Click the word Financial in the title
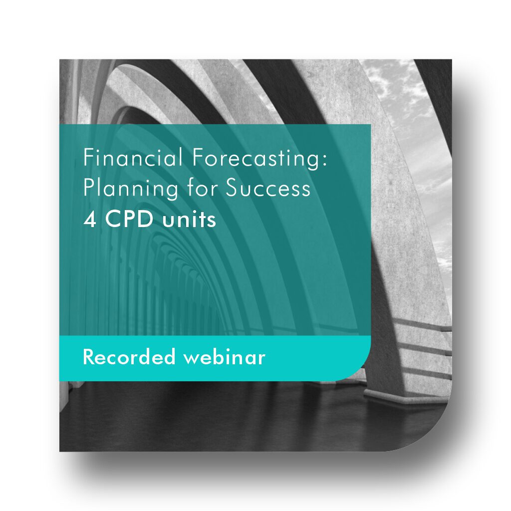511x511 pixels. [133, 157]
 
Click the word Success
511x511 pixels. [268, 188]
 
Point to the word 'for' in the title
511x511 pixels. [201, 188]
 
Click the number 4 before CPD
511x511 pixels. [90, 220]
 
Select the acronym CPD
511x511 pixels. [129, 220]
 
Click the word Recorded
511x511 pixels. [129, 357]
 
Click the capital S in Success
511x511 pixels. [232, 188]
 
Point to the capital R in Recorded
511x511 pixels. [89, 357]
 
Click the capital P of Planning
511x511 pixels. [89, 188]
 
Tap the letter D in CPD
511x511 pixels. [146, 220]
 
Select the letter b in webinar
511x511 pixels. [218, 356]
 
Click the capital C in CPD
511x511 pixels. [112, 220]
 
